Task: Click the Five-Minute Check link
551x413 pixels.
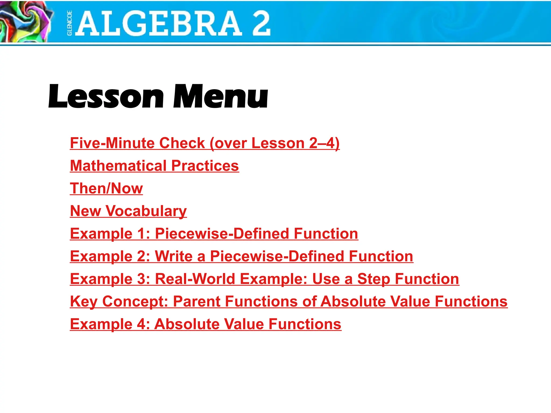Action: click(x=204, y=143)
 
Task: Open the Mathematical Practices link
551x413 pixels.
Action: click(x=154, y=166)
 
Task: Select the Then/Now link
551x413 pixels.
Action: click(x=106, y=188)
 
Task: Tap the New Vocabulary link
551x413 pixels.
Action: click(x=128, y=211)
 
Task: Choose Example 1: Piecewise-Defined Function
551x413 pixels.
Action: click(x=214, y=233)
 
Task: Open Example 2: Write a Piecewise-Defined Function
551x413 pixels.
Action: click(x=241, y=256)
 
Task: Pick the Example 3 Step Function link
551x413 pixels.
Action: click(x=264, y=279)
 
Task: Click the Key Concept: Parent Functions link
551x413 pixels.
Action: click(x=289, y=301)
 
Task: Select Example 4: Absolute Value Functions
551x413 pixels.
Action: click(x=206, y=324)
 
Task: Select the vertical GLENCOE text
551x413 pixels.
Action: click(x=69, y=23)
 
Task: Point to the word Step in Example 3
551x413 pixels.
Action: click(x=373, y=279)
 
